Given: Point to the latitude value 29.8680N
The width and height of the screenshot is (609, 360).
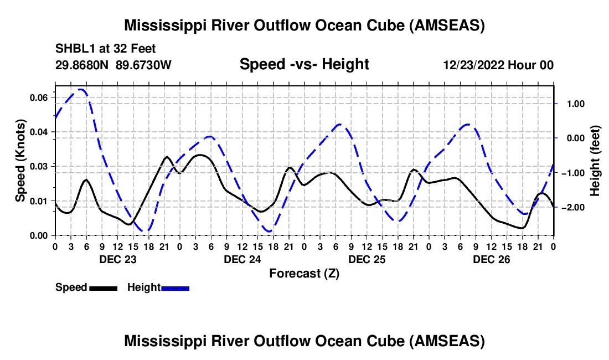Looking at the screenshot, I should pos(83,65).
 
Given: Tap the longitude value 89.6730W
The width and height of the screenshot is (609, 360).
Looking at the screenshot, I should pos(144,65).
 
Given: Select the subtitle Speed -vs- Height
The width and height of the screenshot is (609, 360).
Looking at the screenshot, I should pos(304,64).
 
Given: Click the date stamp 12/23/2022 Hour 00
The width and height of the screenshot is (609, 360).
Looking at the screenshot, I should pos(498,65).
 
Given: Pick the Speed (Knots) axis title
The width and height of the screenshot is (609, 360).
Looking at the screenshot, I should pos(20,161).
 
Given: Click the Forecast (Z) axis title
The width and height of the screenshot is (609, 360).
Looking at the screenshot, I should pos(304,273).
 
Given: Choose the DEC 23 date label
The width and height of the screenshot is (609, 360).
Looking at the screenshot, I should pos(117,259).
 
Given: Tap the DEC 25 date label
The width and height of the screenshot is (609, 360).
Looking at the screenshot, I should pos(367,259).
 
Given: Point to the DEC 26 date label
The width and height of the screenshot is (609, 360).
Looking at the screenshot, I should pos(491,259).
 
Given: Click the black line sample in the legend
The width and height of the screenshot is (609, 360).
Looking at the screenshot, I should pos(102,288).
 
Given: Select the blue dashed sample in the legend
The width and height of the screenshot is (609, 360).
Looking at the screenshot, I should pos(176,288).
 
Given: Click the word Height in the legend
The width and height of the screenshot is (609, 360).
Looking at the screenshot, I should pos(144,287).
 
